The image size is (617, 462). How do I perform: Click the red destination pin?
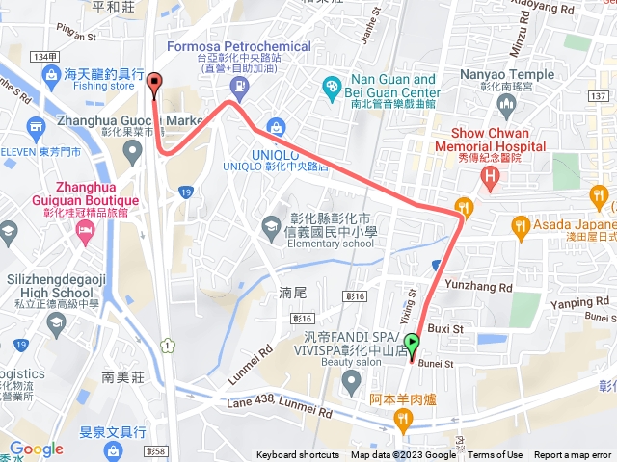pos(154,84)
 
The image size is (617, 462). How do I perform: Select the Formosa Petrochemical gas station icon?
pos(238,86)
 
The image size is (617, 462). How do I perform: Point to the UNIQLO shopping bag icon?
pos(277,127)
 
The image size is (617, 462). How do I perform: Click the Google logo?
pos(36,449)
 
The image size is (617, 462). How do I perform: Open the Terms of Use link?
pos(496,455)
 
